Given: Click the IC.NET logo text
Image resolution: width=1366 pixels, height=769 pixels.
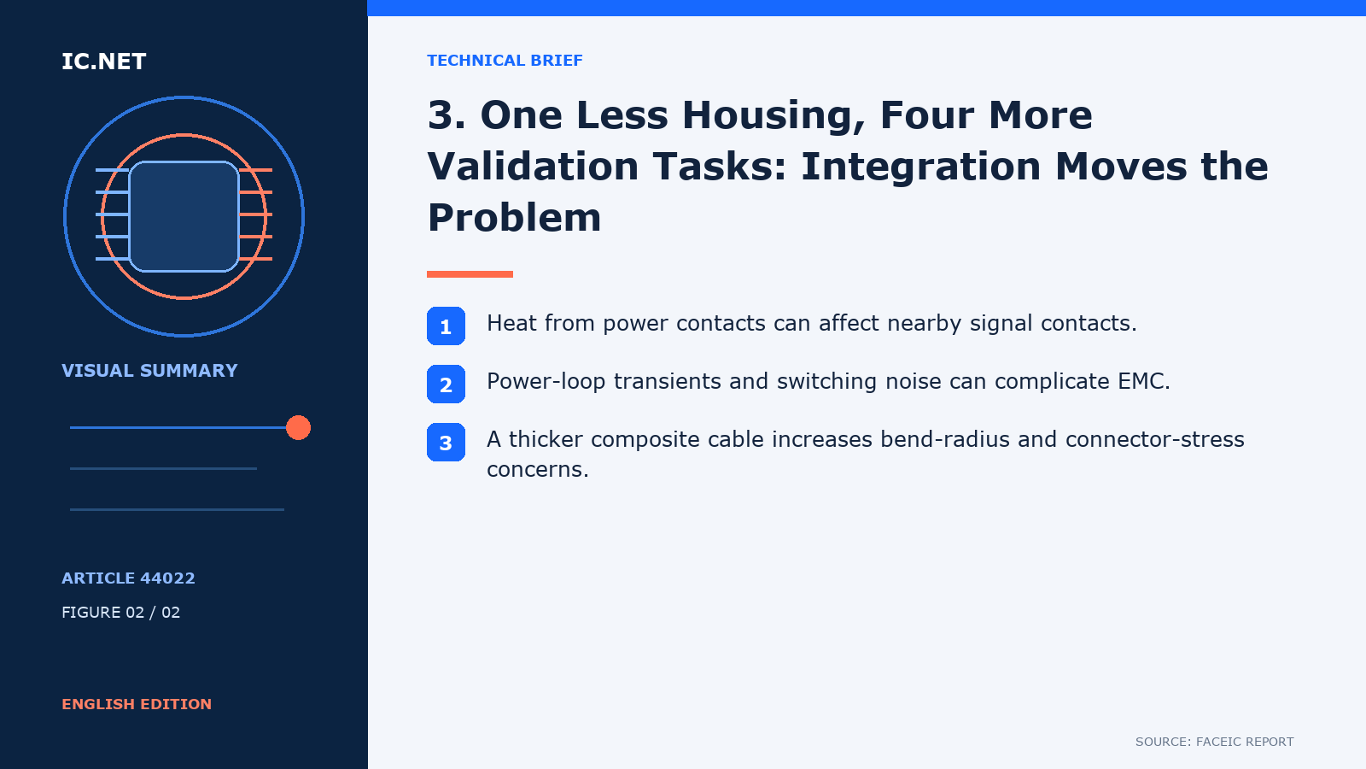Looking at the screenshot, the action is (103, 62).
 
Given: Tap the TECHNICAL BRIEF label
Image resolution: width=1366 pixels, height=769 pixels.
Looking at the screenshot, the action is (505, 61).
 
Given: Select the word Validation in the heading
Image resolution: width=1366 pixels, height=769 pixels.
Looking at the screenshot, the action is (533, 166).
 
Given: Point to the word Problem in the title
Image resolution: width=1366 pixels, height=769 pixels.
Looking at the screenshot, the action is (514, 217).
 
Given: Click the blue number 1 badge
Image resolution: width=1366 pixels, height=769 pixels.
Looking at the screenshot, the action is (446, 326).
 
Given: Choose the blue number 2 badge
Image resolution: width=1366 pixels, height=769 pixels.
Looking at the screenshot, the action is (446, 384).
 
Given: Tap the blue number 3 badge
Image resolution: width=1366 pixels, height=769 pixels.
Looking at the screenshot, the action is (446, 442).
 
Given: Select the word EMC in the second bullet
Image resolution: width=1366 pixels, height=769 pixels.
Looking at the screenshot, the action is (1143, 381).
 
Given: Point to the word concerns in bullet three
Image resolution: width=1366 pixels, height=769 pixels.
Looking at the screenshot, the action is (537, 469).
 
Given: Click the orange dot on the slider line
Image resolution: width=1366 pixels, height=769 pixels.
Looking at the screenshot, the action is (298, 428).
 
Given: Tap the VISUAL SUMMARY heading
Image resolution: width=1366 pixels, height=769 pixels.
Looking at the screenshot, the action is (149, 371).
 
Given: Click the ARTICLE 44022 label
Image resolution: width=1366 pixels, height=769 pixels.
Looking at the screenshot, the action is (128, 578).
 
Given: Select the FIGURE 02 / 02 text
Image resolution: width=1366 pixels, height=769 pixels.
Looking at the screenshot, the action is (120, 612).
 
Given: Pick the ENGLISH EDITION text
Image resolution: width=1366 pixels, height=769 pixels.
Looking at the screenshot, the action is (137, 704).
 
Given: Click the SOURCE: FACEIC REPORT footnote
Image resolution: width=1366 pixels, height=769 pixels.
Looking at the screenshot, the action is (1214, 742).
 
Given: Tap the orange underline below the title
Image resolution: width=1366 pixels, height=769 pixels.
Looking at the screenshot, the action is (470, 274).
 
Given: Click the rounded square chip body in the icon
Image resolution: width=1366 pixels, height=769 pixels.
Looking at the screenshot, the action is (184, 217).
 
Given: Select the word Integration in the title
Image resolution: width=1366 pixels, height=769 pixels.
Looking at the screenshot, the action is (920, 166).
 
